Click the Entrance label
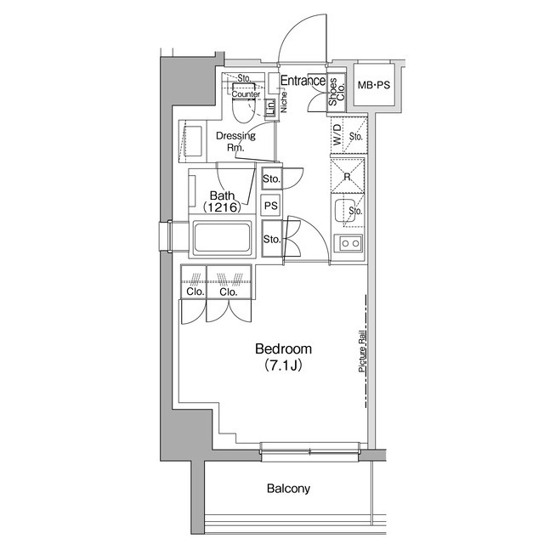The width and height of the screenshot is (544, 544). [303, 82]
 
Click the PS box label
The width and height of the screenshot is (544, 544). [271, 206]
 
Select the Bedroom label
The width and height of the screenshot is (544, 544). [284, 349]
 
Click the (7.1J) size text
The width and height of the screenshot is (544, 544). [284, 366]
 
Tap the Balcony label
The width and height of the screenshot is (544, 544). [288, 489]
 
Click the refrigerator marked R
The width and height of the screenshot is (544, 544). [347, 177]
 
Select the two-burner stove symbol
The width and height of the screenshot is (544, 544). [348, 244]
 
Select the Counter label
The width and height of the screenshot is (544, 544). [245, 94]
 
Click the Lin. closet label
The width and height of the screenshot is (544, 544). [270, 108]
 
